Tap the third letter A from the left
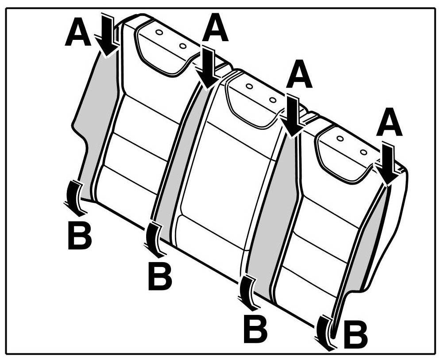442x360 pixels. tap(299, 76)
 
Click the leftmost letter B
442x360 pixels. tap(80, 235)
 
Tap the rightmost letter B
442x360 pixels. tap(356, 337)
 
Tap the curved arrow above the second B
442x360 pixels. tap(154, 239)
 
